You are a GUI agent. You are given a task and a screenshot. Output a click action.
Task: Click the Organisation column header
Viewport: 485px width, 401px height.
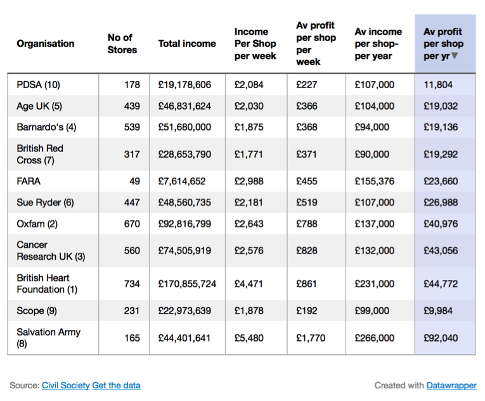coord(46,44)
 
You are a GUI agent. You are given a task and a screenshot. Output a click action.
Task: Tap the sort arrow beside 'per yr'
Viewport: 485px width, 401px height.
coord(455,56)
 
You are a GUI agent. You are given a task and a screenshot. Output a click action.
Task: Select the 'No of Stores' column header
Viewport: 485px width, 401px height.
coord(122,44)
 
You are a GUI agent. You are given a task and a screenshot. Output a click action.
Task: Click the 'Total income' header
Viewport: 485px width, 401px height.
coord(187,44)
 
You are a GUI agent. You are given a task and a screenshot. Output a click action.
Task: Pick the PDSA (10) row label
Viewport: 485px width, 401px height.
coord(38,85)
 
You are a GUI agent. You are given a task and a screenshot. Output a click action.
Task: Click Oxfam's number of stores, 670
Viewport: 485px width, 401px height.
coord(132,224)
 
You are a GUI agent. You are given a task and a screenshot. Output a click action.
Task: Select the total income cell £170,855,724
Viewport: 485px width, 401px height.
coord(187,284)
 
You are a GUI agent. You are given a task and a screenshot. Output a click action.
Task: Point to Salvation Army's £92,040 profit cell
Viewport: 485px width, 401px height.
coord(441,338)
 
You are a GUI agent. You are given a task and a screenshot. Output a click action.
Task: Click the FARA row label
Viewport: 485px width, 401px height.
coord(29,181)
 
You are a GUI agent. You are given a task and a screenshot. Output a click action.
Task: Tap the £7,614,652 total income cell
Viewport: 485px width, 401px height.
coord(182,181)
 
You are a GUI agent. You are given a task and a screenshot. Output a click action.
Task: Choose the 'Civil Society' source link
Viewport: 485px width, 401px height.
coord(65,385)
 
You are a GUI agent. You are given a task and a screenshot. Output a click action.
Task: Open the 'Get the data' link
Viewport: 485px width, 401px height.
coord(116,385)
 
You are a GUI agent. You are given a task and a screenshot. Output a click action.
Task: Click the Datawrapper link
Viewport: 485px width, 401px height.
coord(451,385)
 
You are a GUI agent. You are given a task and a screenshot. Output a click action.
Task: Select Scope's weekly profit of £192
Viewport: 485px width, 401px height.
coord(306,310)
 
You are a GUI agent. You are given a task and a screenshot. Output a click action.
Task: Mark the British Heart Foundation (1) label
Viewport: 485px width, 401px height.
coord(47,284)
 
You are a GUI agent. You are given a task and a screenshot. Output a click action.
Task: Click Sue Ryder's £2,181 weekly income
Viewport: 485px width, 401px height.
coord(249,203)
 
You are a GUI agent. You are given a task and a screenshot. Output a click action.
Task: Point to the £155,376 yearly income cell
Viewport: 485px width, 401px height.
coord(375,181)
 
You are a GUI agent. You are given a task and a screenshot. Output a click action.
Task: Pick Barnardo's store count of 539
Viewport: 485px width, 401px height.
coord(132,127)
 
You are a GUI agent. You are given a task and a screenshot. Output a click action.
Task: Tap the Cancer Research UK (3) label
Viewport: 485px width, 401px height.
coord(51,250)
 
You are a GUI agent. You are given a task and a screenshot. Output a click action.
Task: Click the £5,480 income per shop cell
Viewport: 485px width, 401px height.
coord(249,338)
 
